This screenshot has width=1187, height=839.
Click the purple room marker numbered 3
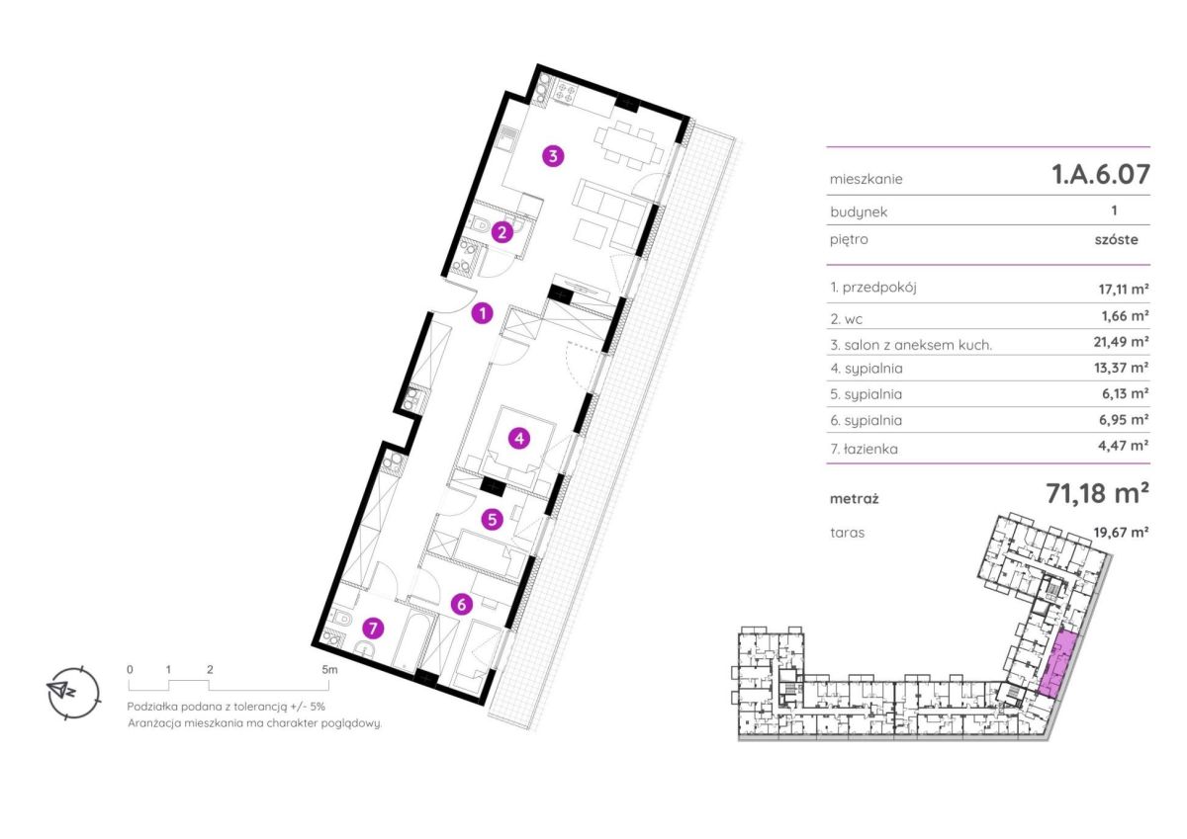[553, 156]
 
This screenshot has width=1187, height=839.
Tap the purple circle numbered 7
[373, 629]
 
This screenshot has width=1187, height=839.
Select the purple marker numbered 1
[483, 313]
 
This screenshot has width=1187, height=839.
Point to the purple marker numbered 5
[493, 519]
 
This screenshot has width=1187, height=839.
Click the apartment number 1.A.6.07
[1101, 174]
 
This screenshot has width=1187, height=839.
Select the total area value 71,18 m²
[1097, 493]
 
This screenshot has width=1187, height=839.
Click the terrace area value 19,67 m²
[1122, 532]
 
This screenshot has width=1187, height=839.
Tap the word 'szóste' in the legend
[1117, 239]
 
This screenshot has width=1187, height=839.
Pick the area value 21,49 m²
[1122, 342]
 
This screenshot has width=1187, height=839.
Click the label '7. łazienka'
[865, 449]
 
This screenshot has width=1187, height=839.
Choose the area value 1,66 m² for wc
[1126, 316]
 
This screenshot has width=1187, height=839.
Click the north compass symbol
[73, 692]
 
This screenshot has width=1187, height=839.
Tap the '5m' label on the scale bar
[329, 670]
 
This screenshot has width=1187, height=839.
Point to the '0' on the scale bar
[130, 670]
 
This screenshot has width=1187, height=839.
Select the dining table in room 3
[629, 144]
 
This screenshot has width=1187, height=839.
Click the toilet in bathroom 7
[341, 618]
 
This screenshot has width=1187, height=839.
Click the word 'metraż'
[855, 499]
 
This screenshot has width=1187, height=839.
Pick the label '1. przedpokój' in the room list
[873, 288]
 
